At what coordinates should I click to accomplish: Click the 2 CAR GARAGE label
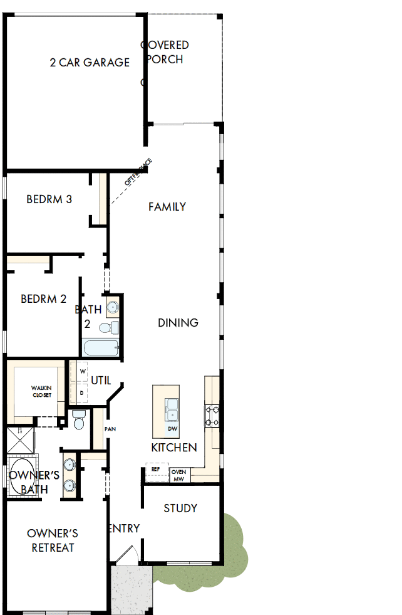90,62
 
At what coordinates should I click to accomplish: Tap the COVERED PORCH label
165,52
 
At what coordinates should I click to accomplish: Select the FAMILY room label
167,206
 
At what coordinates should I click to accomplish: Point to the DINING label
178,322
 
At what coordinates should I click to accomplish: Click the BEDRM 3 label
49,199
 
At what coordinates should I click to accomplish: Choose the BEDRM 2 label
43,299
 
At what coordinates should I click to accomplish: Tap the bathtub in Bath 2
100,348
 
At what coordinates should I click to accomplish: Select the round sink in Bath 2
112,307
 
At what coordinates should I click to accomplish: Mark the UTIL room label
101,380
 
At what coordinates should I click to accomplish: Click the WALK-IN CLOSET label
42,392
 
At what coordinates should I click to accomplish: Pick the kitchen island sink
172,409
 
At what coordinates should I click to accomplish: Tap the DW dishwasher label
172,429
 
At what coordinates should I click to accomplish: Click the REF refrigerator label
156,468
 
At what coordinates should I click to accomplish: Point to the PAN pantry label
110,429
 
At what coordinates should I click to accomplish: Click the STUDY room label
180,508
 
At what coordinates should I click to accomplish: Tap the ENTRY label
124,528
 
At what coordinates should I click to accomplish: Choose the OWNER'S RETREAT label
52,540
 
